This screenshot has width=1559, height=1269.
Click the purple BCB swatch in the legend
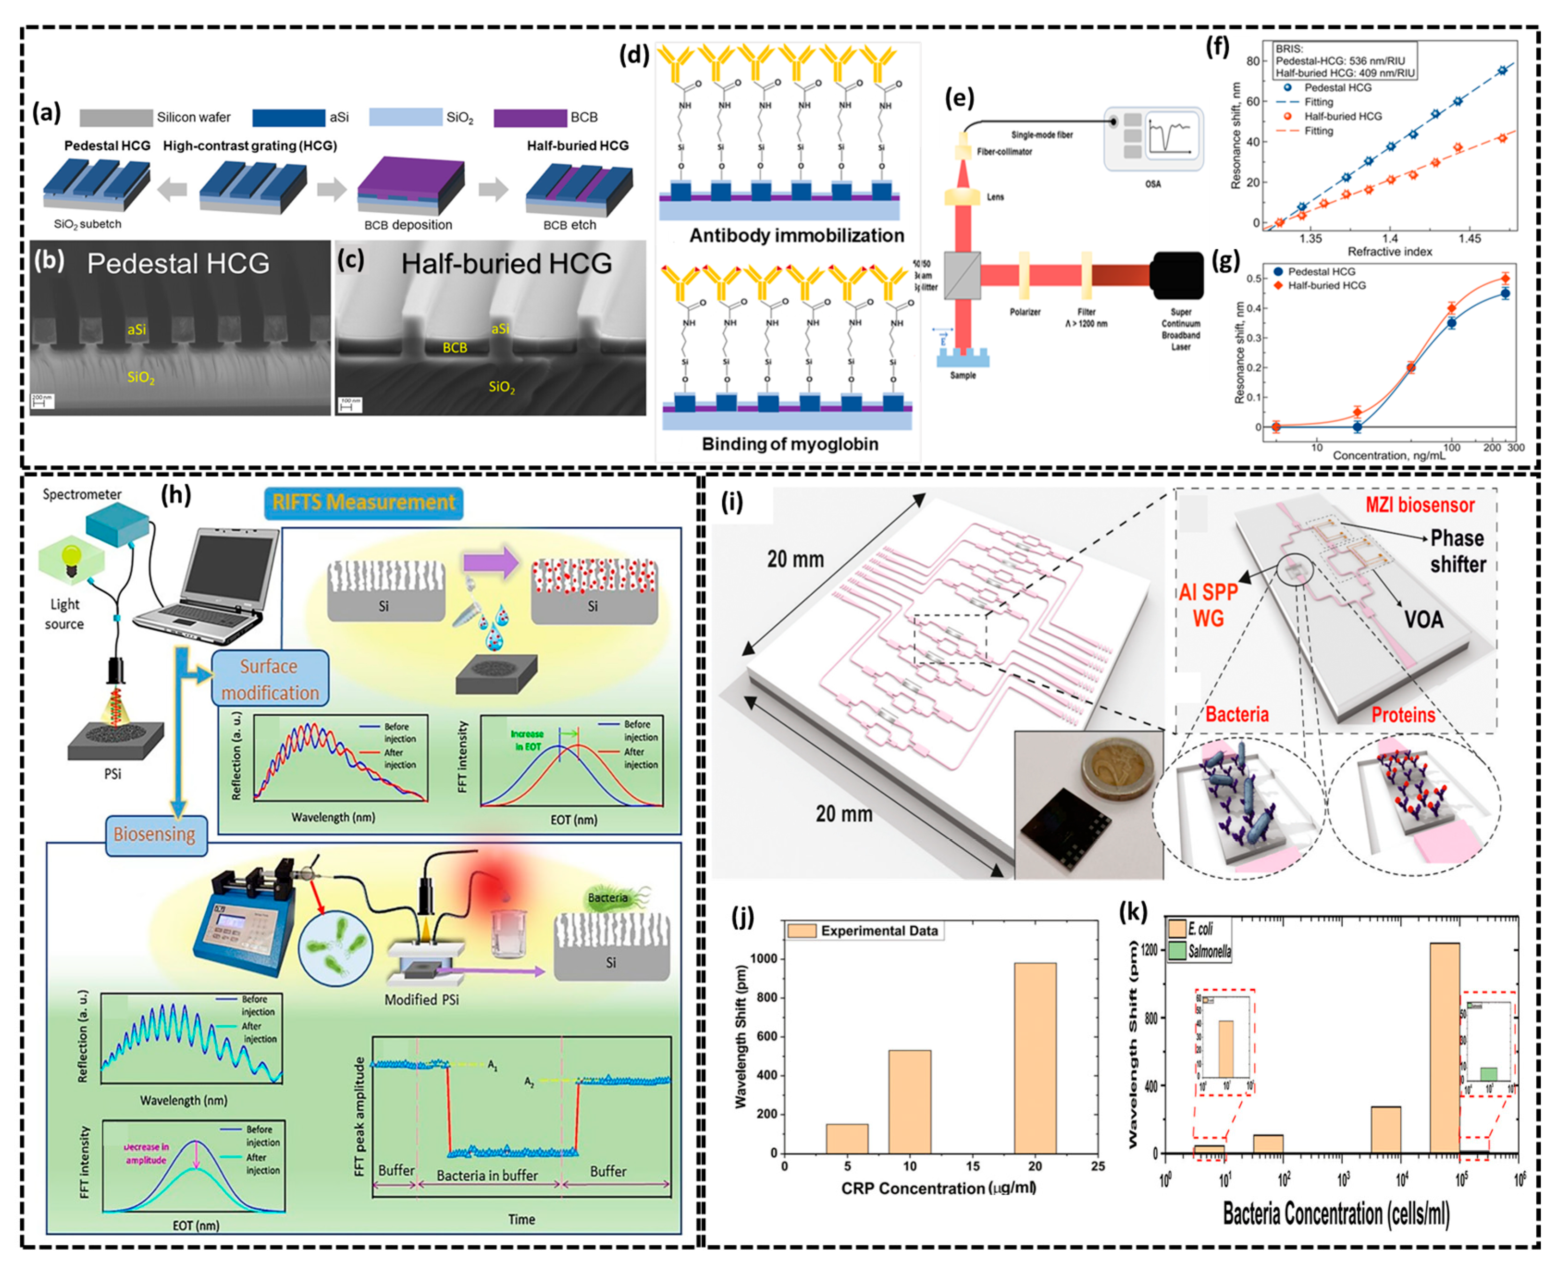(x=530, y=117)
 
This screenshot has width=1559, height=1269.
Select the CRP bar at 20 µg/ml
(x=1035, y=1057)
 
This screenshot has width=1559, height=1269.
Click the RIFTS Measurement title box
(x=363, y=503)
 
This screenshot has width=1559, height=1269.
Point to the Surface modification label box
(x=270, y=679)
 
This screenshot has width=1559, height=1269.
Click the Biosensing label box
(x=155, y=835)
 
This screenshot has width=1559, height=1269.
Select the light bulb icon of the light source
(x=71, y=559)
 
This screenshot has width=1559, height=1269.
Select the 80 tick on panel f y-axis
(x=1252, y=61)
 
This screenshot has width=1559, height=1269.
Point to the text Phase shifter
(x=1457, y=551)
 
